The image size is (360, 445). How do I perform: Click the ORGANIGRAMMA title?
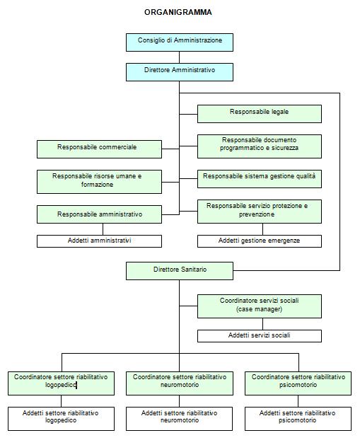click(x=178, y=12)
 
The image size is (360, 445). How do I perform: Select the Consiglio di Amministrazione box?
click(x=180, y=42)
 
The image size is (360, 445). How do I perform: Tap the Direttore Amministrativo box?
click(x=180, y=72)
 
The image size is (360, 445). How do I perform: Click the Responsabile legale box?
click(x=260, y=114)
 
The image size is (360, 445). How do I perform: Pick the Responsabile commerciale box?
click(x=99, y=149)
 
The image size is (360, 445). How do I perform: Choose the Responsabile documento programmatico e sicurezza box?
click(x=260, y=146)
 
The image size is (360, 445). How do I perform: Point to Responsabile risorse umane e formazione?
click(x=99, y=182)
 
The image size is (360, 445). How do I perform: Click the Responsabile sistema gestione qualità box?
click(x=260, y=179)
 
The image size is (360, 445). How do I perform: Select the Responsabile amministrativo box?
click(x=99, y=214)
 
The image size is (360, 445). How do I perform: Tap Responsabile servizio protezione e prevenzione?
click(x=260, y=212)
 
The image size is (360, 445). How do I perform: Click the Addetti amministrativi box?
click(x=99, y=241)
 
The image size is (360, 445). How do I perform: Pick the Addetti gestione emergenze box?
click(x=260, y=241)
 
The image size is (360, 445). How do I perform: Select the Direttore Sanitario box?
click(x=180, y=271)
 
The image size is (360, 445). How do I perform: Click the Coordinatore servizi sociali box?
click(x=260, y=306)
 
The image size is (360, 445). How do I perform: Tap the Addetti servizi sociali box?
click(x=260, y=336)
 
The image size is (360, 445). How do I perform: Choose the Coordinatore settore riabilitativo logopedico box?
click(x=61, y=383)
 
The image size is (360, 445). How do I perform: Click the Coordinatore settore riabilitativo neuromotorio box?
click(x=180, y=383)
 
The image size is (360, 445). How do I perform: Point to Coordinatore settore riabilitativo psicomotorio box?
click(x=298, y=383)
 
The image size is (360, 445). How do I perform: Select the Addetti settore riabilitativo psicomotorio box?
click(x=298, y=419)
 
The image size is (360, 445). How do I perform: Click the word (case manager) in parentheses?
click(x=260, y=309)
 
